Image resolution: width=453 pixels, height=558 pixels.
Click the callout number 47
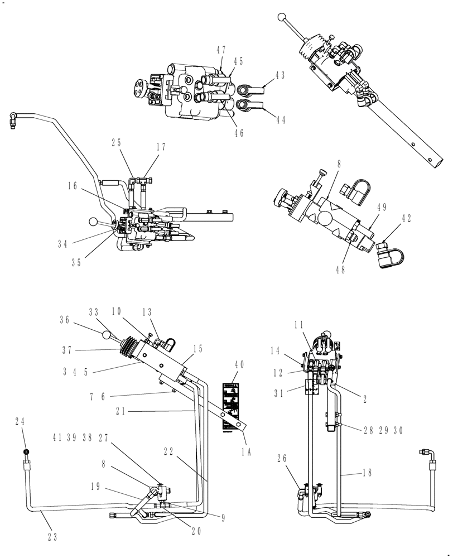[221, 50]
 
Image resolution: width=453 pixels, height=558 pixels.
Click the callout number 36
[64, 320]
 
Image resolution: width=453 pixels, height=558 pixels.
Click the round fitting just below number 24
[25, 451]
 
